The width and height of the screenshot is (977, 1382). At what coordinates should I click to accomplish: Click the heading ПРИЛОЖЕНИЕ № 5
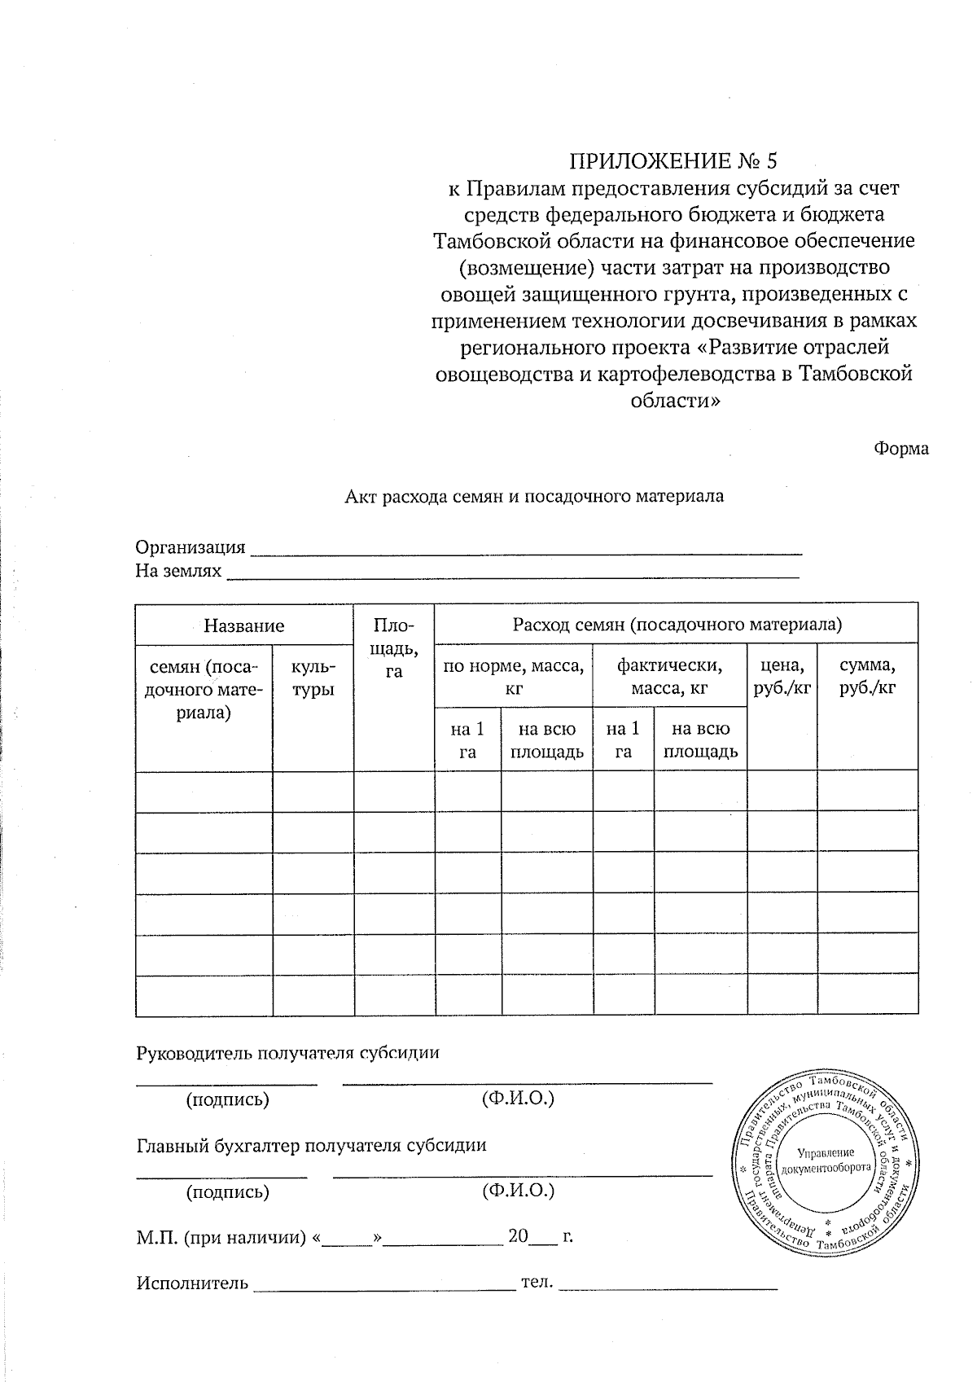coord(679,159)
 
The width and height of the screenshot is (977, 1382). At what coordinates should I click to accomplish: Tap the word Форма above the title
coord(901,449)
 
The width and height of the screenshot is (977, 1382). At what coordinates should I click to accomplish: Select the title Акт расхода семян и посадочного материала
coord(534,495)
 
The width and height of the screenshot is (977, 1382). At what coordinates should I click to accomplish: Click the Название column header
coord(243,625)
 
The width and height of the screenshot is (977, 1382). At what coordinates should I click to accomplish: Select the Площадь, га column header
coord(394,648)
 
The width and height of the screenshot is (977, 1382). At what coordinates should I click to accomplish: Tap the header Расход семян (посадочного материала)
coord(677,625)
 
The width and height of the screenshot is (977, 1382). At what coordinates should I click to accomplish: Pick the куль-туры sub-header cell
coord(313,678)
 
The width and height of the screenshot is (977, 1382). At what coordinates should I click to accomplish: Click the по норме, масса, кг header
coord(513,677)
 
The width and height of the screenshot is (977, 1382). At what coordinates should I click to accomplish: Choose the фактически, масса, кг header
coord(669,677)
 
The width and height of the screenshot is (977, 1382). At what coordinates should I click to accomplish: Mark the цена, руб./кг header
coord(782,677)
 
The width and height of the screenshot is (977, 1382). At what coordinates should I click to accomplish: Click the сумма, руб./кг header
coord(867,677)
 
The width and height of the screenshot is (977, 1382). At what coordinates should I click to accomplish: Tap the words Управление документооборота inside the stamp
coord(826,1160)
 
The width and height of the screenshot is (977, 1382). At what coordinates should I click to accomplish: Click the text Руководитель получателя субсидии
coord(287,1052)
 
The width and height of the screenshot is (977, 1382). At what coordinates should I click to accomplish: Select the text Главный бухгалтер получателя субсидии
coord(311,1145)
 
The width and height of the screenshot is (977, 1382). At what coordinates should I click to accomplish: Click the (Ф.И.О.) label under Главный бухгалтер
coord(518,1191)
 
